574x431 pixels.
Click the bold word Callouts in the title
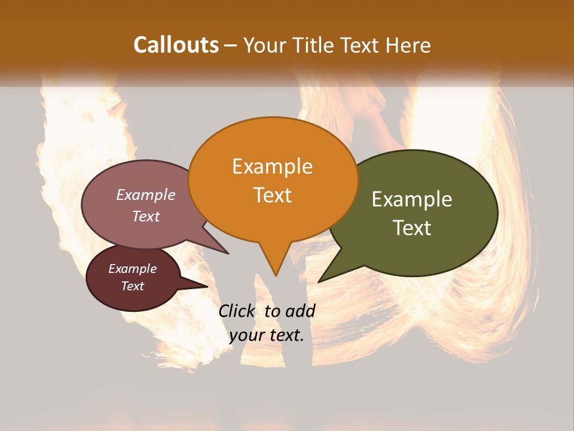(x=176, y=45)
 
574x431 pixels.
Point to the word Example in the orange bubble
(x=272, y=166)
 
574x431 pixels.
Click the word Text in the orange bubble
(x=273, y=195)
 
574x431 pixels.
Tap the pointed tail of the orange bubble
(x=276, y=274)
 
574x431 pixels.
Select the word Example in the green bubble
(x=412, y=199)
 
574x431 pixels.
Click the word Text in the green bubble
(x=413, y=228)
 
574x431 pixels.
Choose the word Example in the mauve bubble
(x=146, y=195)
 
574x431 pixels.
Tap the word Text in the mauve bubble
(x=146, y=216)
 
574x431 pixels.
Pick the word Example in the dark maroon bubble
(x=133, y=269)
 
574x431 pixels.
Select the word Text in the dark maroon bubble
(x=133, y=286)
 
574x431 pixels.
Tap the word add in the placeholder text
(x=300, y=311)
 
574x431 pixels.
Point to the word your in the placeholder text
(x=247, y=335)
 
